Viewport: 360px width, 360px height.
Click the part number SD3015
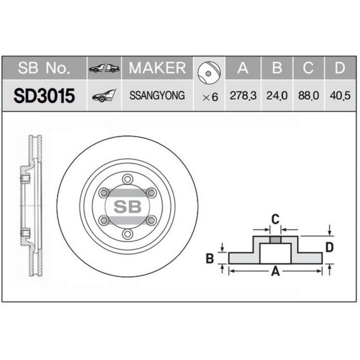(x=44, y=96)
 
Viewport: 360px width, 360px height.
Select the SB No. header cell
(x=44, y=68)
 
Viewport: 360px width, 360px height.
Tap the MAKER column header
(x=157, y=68)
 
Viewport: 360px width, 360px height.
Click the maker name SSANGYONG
(x=157, y=96)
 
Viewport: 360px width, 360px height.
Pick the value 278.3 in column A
(x=243, y=96)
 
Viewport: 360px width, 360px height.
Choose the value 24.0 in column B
(x=277, y=96)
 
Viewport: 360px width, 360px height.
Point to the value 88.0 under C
(x=309, y=96)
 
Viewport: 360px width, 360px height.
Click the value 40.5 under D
(x=339, y=96)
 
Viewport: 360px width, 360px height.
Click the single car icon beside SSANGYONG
(x=104, y=96)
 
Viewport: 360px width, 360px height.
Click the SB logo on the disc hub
(x=127, y=207)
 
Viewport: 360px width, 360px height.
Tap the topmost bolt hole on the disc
(x=127, y=179)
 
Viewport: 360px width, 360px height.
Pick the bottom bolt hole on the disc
(x=127, y=235)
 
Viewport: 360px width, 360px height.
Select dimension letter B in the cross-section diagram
(x=210, y=258)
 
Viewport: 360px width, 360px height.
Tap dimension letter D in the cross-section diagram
(x=329, y=247)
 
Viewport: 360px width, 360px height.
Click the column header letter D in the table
(x=339, y=68)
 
